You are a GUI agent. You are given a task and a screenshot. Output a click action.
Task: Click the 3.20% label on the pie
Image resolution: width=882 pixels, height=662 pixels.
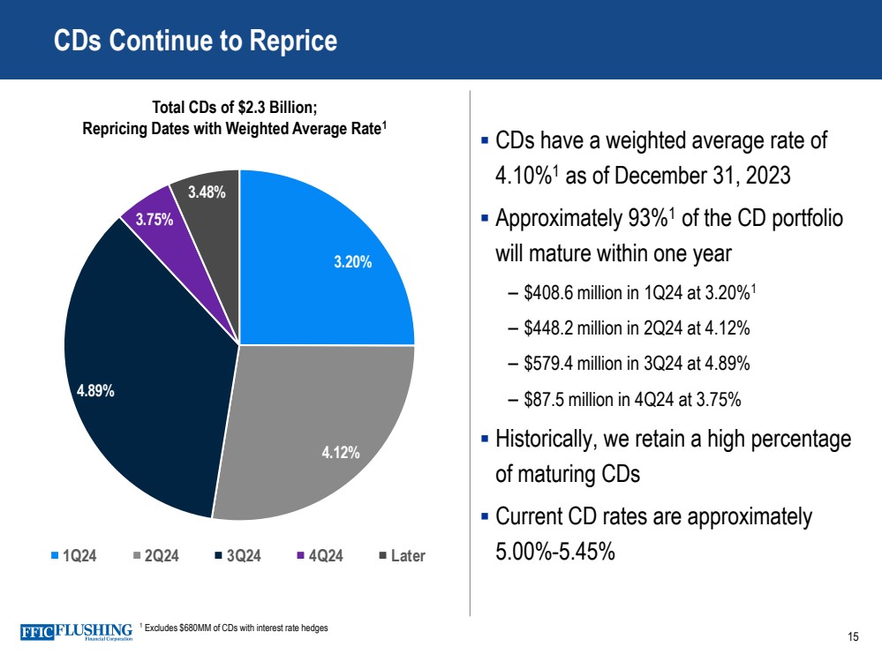[352, 262]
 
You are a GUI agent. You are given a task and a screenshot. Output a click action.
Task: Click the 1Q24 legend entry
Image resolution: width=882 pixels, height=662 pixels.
[74, 556]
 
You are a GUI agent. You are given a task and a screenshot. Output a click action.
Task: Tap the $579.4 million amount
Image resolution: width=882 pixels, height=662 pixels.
[573, 363]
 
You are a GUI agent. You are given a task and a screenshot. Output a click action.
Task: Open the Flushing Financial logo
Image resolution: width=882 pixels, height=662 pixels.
[76, 632]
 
